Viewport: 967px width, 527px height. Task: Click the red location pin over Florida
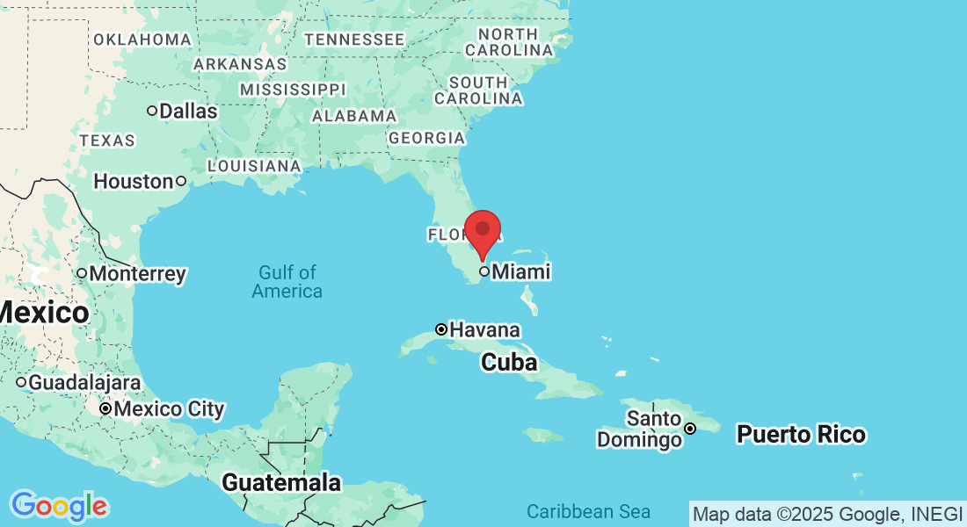point(483,231)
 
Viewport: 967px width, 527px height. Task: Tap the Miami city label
point(520,272)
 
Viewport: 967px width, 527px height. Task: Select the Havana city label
point(484,330)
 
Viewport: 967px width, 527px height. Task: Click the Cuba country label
point(509,362)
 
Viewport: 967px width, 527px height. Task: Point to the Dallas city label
point(188,112)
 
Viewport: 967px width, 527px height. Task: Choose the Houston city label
point(134,182)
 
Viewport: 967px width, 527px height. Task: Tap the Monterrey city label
point(137,274)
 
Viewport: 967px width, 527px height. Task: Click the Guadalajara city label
point(84,383)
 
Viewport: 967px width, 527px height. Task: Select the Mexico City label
point(169,409)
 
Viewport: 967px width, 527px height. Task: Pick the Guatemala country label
point(281,482)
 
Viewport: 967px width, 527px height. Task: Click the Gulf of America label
point(287,282)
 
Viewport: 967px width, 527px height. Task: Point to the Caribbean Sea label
point(588,511)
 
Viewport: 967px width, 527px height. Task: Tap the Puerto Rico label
point(801,434)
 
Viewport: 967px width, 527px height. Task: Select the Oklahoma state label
point(142,40)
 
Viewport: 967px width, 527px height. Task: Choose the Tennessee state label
point(354,40)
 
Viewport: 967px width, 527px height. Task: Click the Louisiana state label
point(254,166)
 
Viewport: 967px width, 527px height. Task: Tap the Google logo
point(59,506)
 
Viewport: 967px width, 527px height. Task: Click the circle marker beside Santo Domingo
point(691,429)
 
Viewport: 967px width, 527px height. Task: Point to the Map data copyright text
point(827,514)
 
